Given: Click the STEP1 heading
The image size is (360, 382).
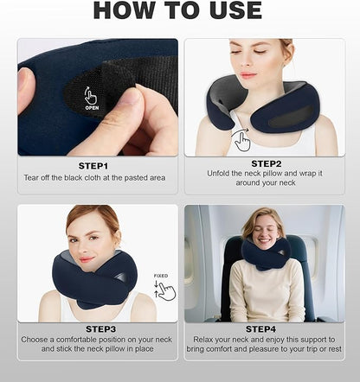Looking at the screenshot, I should (93, 164).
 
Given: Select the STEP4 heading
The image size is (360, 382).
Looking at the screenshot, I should (263, 329).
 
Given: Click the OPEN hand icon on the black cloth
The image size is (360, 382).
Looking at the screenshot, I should (90, 97).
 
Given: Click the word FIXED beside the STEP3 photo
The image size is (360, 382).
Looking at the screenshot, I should (161, 276).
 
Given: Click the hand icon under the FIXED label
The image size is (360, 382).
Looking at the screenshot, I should (164, 290).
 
